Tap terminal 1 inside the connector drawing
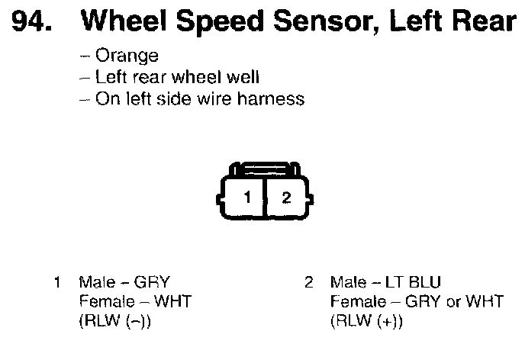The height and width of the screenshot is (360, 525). [246, 198]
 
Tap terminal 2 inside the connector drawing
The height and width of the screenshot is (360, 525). [286, 198]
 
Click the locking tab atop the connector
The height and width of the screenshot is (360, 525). [265, 168]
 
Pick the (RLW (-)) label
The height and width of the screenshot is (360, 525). [114, 321]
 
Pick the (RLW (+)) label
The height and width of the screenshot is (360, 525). [366, 321]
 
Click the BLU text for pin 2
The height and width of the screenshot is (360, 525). [426, 283]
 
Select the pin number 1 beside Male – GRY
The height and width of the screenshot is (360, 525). [57, 283]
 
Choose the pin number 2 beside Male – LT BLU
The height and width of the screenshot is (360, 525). [308, 283]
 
